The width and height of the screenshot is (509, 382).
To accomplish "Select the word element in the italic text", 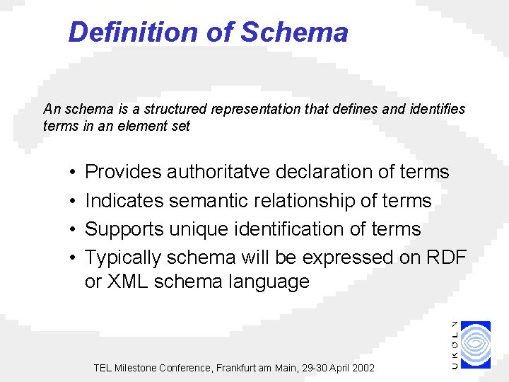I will (x=134, y=127).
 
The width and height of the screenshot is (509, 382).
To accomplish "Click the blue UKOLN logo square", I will (x=476, y=345).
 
